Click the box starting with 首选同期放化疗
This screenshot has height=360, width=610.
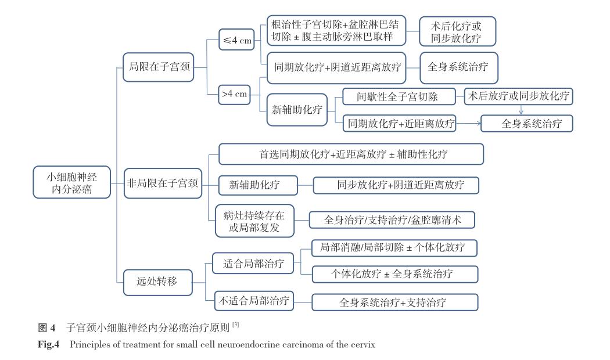(x=351, y=154)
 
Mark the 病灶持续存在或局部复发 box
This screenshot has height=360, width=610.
(x=254, y=219)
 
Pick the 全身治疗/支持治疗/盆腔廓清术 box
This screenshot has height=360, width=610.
(x=393, y=220)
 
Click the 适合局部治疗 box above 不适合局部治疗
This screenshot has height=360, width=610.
(x=253, y=264)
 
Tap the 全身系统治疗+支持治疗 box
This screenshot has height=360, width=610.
(x=395, y=303)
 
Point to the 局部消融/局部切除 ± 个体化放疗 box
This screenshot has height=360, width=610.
(x=395, y=248)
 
